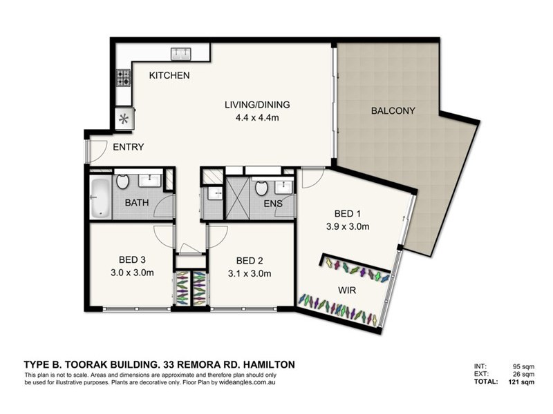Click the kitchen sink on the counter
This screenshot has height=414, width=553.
(181, 54)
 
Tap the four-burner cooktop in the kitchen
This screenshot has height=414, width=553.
(124, 78)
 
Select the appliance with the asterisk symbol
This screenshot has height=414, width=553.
(124, 119)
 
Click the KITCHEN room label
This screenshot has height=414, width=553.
(169, 75)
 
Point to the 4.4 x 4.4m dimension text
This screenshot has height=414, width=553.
(257, 117)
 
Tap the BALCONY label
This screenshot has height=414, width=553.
(393, 110)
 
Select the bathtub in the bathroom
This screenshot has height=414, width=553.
(100, 198)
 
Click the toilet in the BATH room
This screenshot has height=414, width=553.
(122, 181)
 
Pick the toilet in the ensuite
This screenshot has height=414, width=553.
(261, 188)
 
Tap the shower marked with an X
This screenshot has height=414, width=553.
(237, 198)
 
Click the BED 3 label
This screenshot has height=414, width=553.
(132, 260)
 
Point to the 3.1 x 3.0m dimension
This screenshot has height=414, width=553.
(250, 273)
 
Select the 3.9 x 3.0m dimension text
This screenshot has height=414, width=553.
(348, 226)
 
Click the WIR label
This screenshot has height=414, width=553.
(347, 290)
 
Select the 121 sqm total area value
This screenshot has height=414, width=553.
(521, 382)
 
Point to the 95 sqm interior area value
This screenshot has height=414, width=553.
(524, 367)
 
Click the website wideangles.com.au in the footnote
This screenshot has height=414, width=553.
(247, 382)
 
